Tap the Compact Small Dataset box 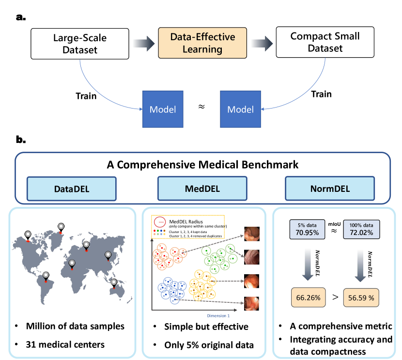(x=318, y=43)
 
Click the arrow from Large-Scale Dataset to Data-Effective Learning (x=141, y=43)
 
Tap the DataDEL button (x=71, y=188)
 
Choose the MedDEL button (x=202, y=188)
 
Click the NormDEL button (x=329, y=188)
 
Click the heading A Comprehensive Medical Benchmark (x=202, y=165)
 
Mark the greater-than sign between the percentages (x=335, y=297)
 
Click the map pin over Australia (x=114, y=283)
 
